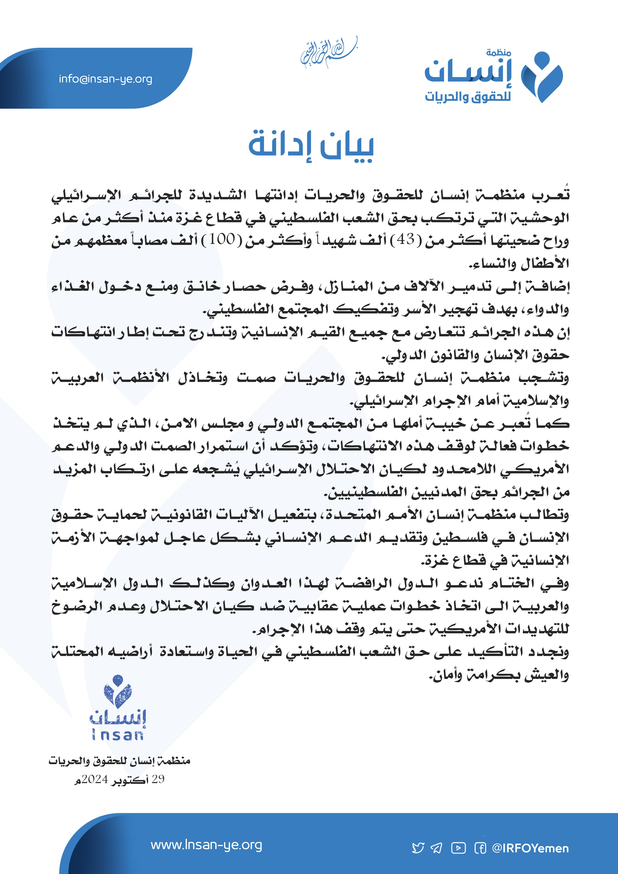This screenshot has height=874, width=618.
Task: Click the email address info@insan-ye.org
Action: point(105,79)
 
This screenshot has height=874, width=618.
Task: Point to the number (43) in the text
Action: point(405,240)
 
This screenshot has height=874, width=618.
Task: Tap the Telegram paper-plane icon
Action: point(436,848)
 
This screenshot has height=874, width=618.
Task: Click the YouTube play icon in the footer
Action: point(459,848)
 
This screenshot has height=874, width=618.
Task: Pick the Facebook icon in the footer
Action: point(480,848)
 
